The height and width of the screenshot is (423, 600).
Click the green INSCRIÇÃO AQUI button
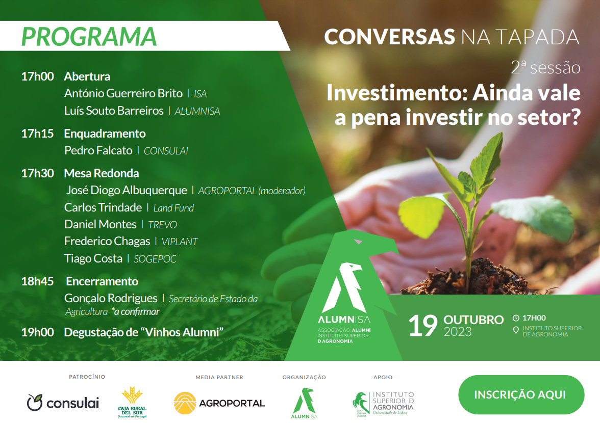pos(521,395)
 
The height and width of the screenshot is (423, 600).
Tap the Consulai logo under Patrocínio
pos(63,403)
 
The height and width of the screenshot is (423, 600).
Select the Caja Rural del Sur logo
pos(132,403)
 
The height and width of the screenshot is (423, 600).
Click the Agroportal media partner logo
pos(219,403)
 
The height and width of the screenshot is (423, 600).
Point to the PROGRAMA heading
pos(89,37)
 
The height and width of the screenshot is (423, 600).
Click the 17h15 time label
pos(38,134)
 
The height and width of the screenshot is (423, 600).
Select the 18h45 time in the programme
pos(38,281)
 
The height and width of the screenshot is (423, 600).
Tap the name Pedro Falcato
pos(98,150)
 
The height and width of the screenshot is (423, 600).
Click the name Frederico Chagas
pos(107,242)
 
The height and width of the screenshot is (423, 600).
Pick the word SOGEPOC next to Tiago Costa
pos(155,259)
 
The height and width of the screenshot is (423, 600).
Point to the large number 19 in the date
pos(423,326)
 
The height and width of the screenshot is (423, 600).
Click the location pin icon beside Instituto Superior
pos(516,330)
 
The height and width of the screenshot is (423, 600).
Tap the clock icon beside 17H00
pos(516,318)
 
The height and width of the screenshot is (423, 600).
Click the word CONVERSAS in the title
pos(390,37)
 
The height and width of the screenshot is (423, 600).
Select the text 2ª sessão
pos(546,67)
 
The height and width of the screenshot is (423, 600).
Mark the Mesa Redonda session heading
pos(102,173)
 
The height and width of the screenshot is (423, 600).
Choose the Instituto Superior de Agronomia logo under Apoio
pos(383,404)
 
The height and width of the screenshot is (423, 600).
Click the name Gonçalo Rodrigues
pos(111,298)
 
